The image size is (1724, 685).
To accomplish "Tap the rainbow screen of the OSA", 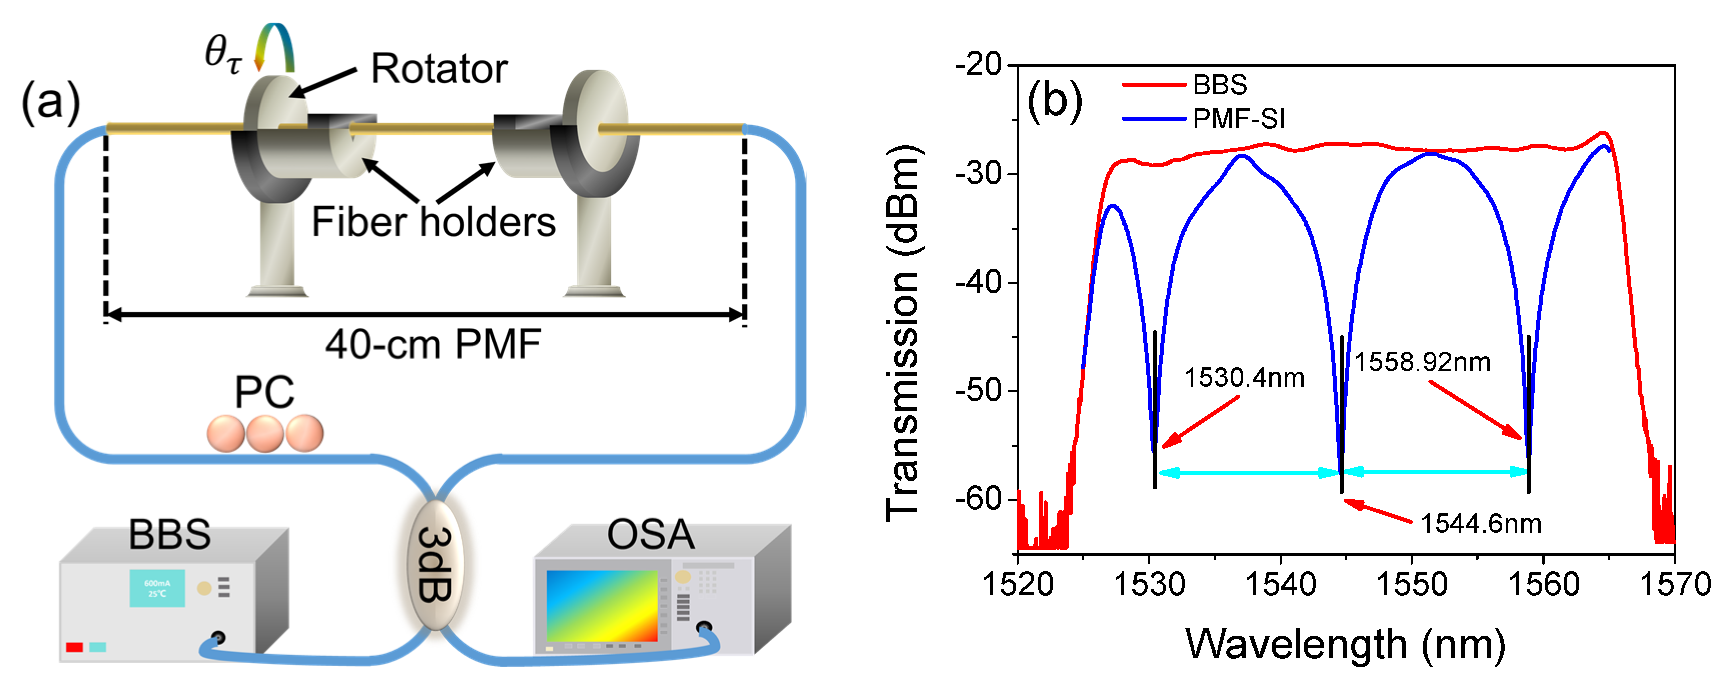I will (602, 606).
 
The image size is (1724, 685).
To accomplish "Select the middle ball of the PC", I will (265, 433).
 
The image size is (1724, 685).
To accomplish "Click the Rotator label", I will (439, 69).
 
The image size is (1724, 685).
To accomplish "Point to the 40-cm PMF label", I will (433, 345).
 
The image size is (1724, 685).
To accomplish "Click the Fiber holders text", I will (433, 222).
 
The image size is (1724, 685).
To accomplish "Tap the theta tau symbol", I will (223, 53).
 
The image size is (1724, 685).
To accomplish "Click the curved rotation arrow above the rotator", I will (274, 47).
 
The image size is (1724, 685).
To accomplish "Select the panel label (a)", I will (51, 102).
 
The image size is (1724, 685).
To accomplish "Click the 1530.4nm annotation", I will (1244, 378).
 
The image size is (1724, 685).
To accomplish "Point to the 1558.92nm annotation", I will (1422, 362).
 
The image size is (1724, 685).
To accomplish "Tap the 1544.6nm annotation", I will (1480, 524).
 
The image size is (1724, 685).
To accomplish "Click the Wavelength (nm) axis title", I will (1345, 644).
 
